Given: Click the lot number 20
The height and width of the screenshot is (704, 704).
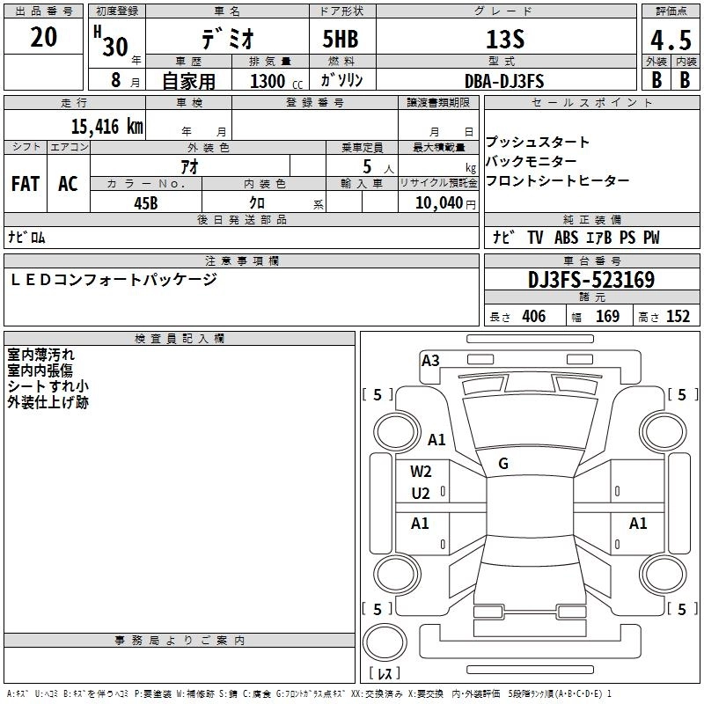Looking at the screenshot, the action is click(44, 37).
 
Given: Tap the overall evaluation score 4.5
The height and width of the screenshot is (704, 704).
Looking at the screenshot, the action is click(670, 40).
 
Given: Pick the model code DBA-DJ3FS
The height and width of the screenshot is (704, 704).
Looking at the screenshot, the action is click(504, 81).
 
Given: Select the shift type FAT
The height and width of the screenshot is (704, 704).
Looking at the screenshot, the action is click(25, 184).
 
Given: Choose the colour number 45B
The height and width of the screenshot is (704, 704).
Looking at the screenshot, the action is click(145, 202).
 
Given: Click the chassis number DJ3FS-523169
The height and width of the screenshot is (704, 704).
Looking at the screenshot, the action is click(590, 281).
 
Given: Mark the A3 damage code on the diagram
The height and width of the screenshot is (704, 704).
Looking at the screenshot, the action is click(430, 360).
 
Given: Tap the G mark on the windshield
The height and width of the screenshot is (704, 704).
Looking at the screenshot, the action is click(503, 464).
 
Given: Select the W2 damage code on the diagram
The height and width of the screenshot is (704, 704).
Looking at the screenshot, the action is click(421, 472).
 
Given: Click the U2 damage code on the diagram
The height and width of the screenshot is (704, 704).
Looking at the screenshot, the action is click(421, 493).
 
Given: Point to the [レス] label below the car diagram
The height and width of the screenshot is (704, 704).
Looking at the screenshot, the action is click(388, 673).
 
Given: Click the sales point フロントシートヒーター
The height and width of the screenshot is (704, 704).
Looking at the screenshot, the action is click(557, 180).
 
